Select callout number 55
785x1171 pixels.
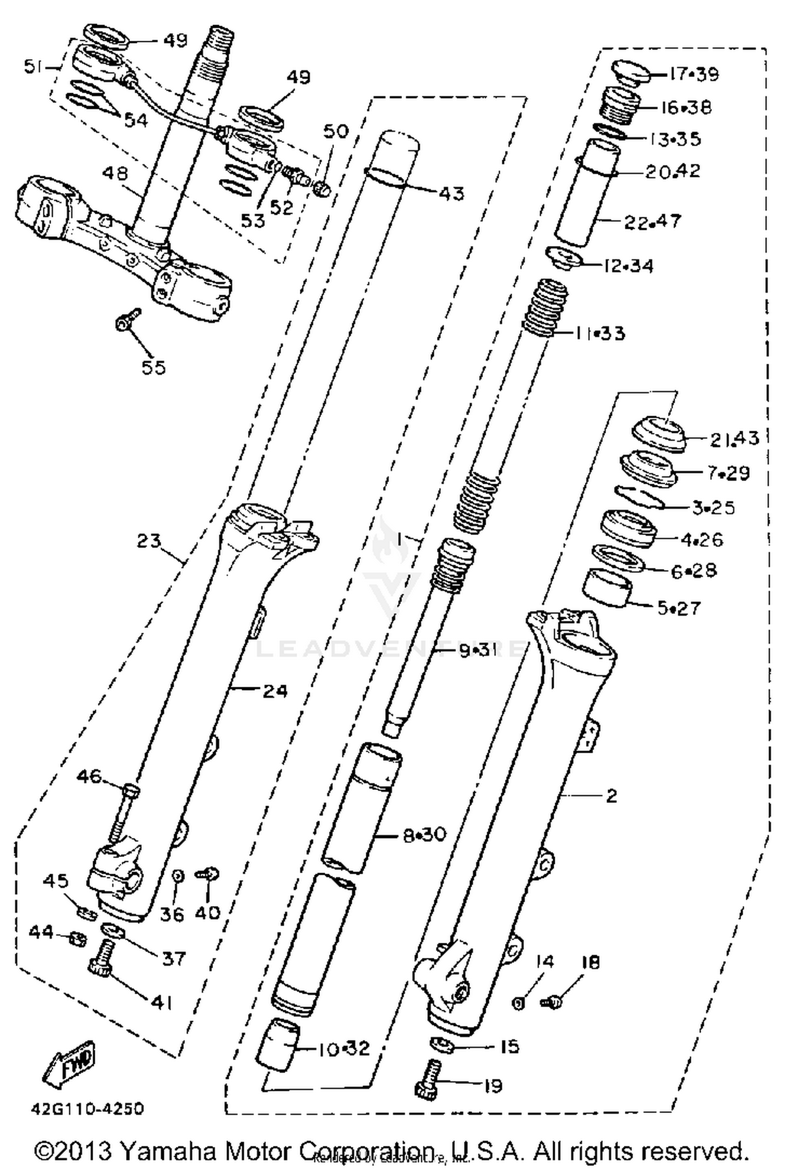(153, 367)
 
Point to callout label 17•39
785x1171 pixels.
(694, 74)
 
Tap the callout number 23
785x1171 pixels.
(149, 540)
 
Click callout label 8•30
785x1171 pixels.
(424, 834)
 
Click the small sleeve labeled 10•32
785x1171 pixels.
(277, 1044)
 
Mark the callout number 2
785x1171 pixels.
(611, 796)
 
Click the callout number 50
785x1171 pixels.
(335, 131)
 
